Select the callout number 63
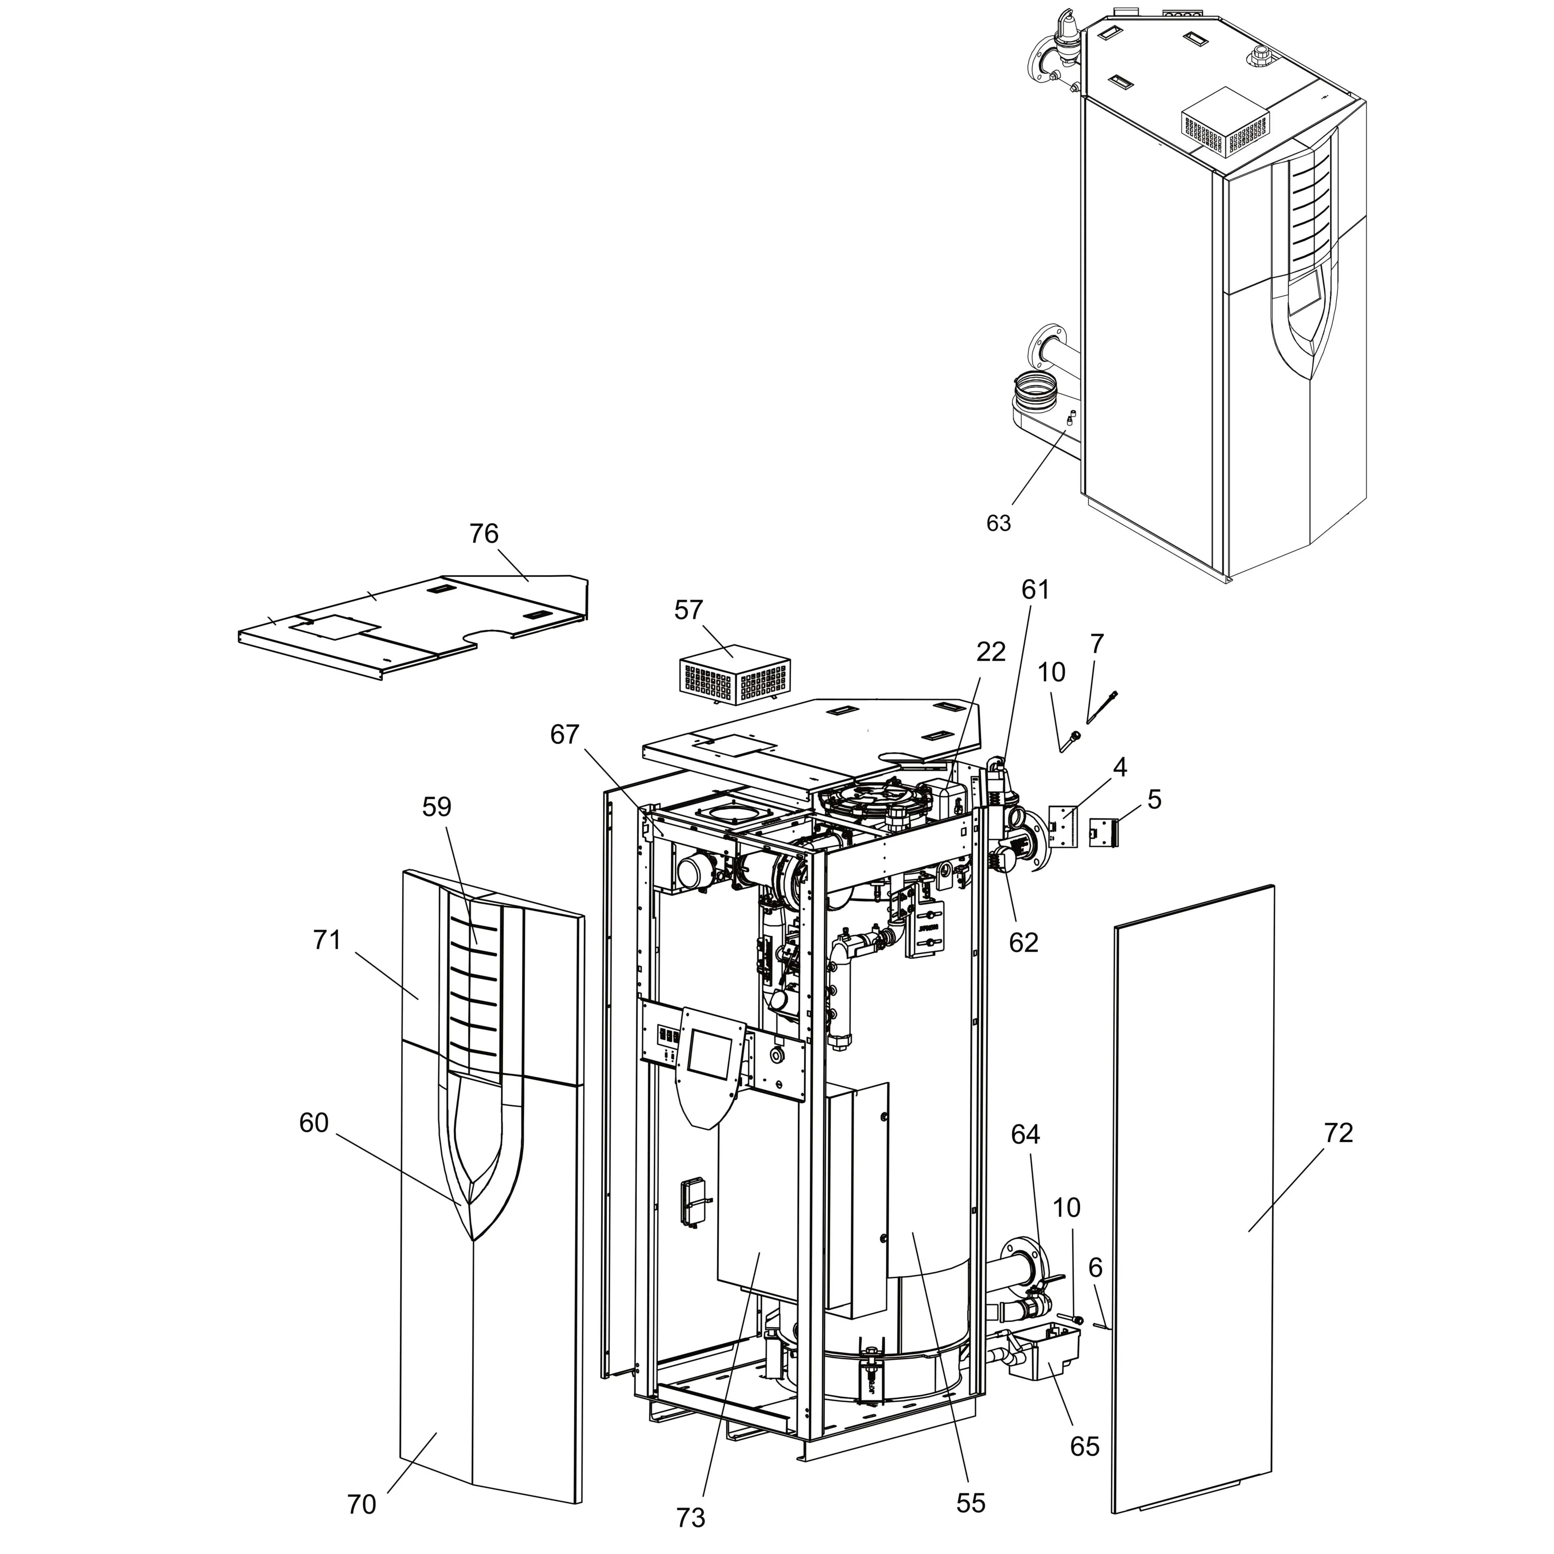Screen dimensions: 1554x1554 [x=998, y=524]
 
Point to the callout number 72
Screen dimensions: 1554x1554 [x=1339, y=1133]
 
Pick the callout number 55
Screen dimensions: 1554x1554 [x=971, y=1503]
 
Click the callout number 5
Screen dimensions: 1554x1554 [x=1155, y=799]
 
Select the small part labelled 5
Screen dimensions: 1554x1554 [x=1103, y=832]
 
